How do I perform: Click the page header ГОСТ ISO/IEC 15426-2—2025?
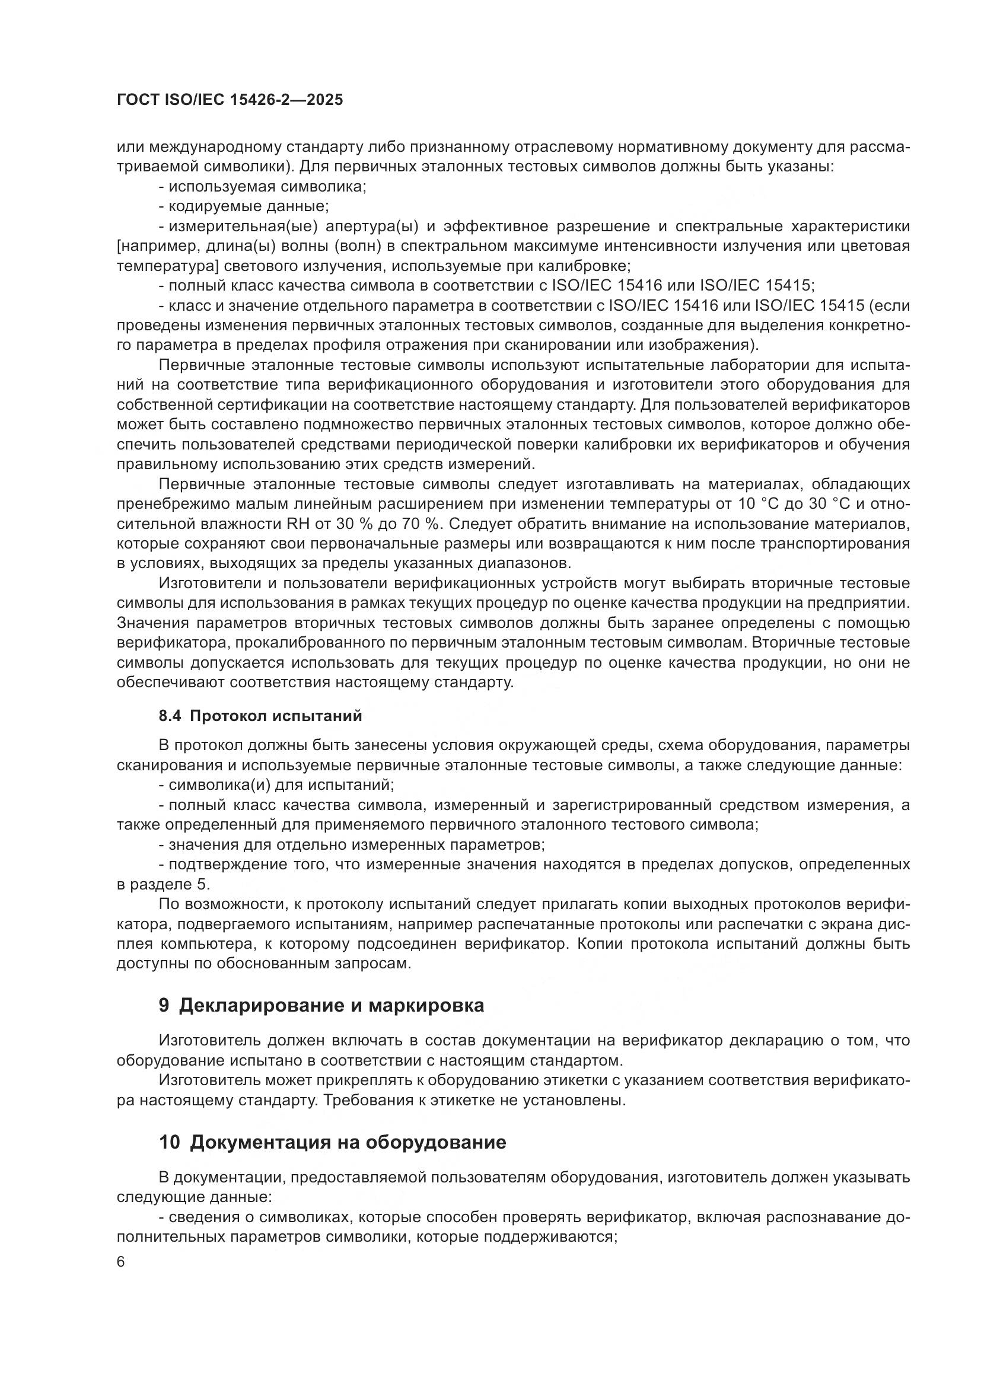point(230,100)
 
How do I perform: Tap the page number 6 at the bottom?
point(121,1262)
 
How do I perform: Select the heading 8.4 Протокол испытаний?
point(260,716)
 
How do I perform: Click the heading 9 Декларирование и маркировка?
point(321,1006)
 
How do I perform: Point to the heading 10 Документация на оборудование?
point(332,1143)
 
